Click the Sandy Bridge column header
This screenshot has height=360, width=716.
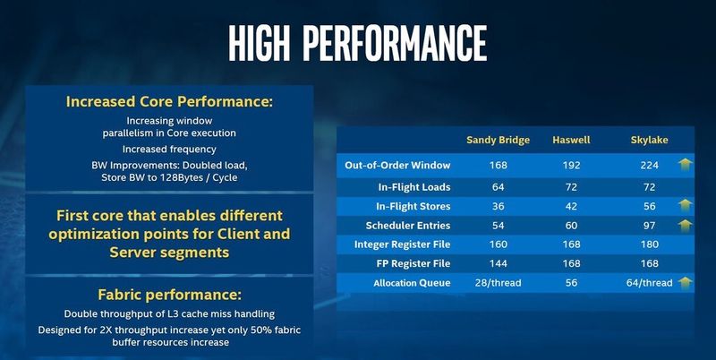499,140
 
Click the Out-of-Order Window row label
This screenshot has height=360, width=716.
397,166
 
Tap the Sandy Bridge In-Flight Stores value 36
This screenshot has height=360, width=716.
499,206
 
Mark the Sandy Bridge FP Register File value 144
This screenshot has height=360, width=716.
499,264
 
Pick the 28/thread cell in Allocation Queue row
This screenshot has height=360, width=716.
499,284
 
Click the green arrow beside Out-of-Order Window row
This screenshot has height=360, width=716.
685,165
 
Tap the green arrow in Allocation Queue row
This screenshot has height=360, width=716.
685,284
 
